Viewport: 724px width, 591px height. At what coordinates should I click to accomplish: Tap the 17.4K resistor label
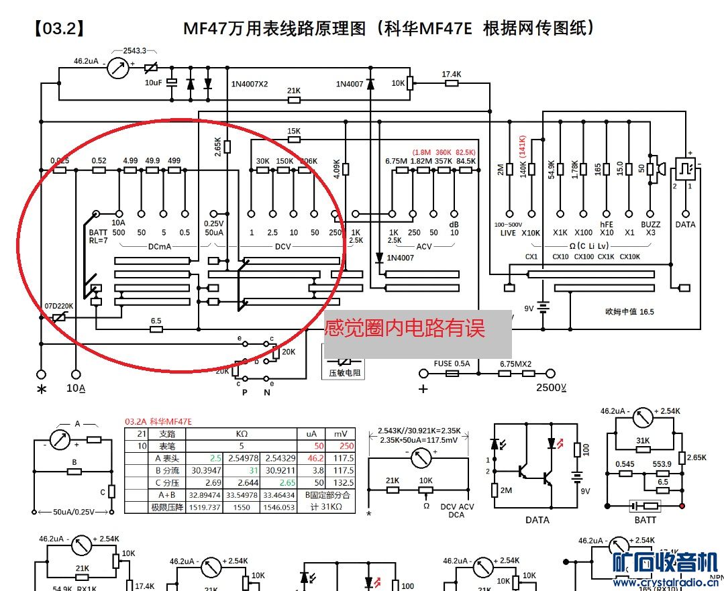[x=452, y=74]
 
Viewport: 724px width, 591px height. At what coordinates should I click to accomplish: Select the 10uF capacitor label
[x=153, y=82]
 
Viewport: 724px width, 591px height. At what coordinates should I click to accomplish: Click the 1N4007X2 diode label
[x=249, y=85]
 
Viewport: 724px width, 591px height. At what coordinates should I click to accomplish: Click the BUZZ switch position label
[x=650, y=224]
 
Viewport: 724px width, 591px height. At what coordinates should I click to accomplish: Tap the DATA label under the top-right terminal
[x=685, y=224]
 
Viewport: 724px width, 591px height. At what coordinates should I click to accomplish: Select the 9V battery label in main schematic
[x=529, y=309]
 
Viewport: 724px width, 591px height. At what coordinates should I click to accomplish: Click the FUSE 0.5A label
[x=452, y=364]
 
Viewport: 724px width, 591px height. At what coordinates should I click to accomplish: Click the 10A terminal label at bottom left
[x=76, y=388]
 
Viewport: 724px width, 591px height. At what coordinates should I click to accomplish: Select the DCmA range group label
[x=160, y=246]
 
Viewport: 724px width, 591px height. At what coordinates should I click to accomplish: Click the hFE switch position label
[x=606, y=224]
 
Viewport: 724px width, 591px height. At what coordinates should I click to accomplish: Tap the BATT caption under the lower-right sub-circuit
[x=644, y=519]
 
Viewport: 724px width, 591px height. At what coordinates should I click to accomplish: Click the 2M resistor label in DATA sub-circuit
[x=506, y=490]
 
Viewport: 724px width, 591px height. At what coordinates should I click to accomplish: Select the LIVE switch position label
[x=508, y=233]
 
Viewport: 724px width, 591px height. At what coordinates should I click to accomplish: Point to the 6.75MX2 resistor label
[x=515, y=364]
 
